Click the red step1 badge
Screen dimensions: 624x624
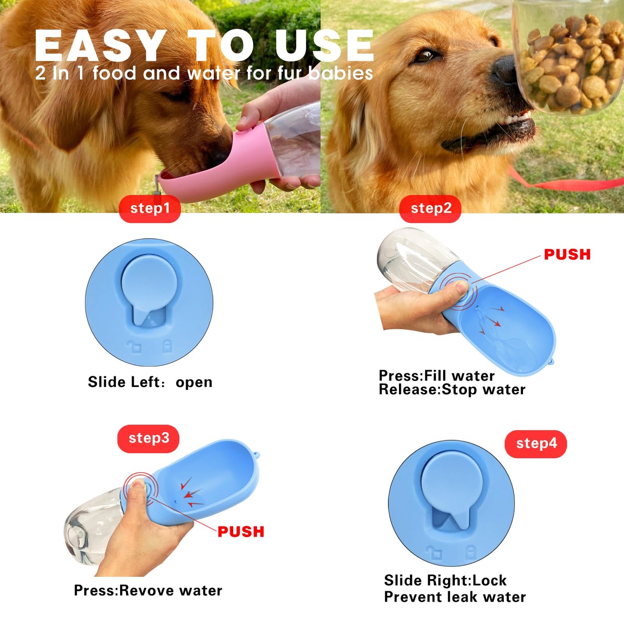(150, 209)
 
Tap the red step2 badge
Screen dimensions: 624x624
(431, 209)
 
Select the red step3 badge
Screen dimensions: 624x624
(149, 439)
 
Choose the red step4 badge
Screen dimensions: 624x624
(536, 444)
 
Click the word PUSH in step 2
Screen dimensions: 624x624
(567, 255)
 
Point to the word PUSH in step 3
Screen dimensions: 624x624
(241, 532)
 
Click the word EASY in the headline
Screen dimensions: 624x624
(100, 46)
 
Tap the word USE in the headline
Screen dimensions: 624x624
(324, 46)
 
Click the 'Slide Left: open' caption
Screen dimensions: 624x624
(150, 382)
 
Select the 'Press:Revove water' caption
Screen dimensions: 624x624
(148, 590)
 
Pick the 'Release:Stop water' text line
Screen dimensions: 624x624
(452, 390)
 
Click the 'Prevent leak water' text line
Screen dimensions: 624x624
(455, 597)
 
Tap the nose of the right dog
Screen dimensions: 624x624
(504, 69)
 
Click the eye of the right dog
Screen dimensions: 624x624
(427, 55)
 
